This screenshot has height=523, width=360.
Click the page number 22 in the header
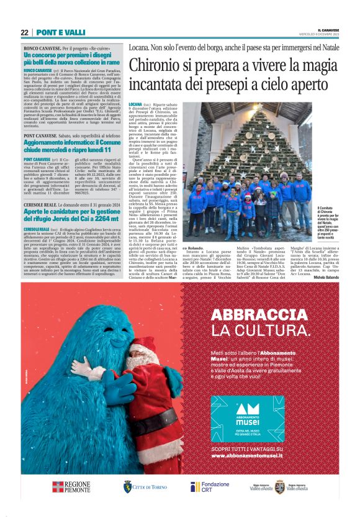[x=24, y=32]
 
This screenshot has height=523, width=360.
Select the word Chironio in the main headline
[x=162, y=65]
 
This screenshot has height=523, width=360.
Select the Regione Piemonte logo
[x=71, y=486]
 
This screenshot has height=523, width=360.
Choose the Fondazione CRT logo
[x=210, y=486]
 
